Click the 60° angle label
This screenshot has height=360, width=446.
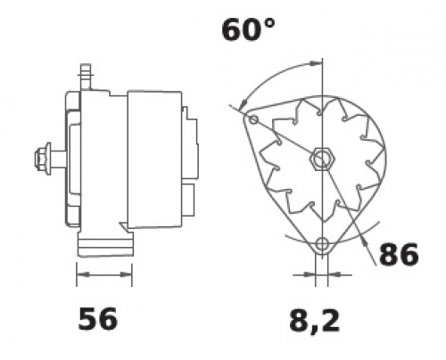pyautogui.click(x=249, y=29)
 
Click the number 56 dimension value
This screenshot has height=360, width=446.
pyautogui.click(x=98, y=319)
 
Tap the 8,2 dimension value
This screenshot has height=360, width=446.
pyautogui.click(x=314, y=322)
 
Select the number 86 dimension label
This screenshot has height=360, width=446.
pyautogui.click(x=399, y=255)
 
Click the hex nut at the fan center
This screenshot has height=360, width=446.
pyautogui.click(x=322, y=159)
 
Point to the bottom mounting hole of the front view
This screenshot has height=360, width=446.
pyautogui.click(x=322, y=244)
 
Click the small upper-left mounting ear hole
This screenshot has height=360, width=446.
pyautogui.click(x=253, y=119)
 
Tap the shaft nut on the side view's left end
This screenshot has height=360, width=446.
pyautogui.click(x=42, y=159)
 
